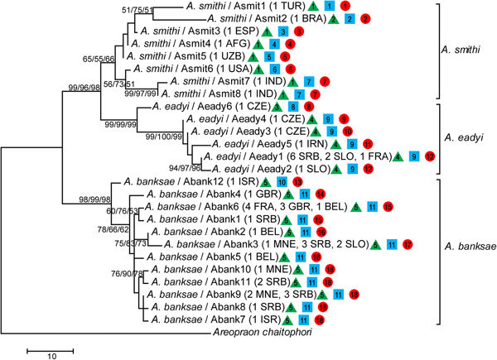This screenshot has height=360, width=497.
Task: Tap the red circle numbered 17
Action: click(407, 245)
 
